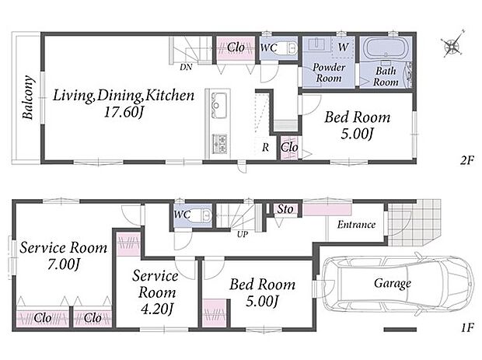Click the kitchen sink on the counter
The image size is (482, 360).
tap(218, 105)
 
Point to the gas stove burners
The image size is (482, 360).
tap(219, 144)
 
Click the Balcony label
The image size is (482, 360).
tap(28, 97)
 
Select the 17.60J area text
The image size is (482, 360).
tap(124, 112)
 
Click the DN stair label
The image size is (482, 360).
tap(186, 67)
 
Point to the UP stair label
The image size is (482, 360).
tap(243, 234)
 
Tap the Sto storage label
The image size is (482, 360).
tap(285, 209)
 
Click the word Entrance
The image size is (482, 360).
tap(356, 225)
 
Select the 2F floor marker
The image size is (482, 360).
tap(466, 160)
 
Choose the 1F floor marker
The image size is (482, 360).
tap(467, 327)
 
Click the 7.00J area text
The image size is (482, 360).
tap(64, 264)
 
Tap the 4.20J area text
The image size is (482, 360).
tap(157, 309)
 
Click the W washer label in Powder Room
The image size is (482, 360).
tap(344, 47)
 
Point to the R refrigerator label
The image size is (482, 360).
tap(265, 147)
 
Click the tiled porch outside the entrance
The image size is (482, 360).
tap(414, 222)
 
